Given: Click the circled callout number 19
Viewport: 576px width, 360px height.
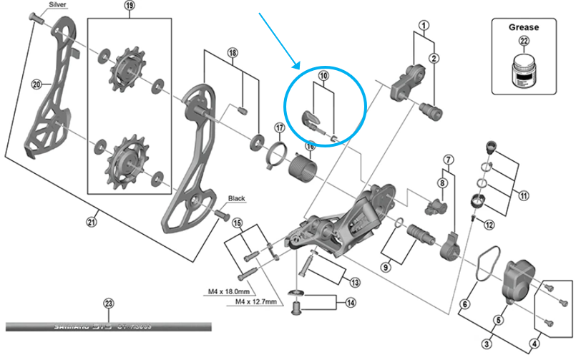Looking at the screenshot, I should click(x=130, y=5).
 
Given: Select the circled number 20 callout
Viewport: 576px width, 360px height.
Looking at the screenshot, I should click(x=36, y=84).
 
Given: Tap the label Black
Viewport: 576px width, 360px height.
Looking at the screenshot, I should click(x=237, y=198).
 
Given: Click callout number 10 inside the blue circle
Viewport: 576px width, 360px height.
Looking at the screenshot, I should click(x=323, y=75).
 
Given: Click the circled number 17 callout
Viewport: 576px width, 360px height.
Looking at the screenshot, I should click(x=280, y=128).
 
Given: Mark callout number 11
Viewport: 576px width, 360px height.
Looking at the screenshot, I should click(x=524, y=194).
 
